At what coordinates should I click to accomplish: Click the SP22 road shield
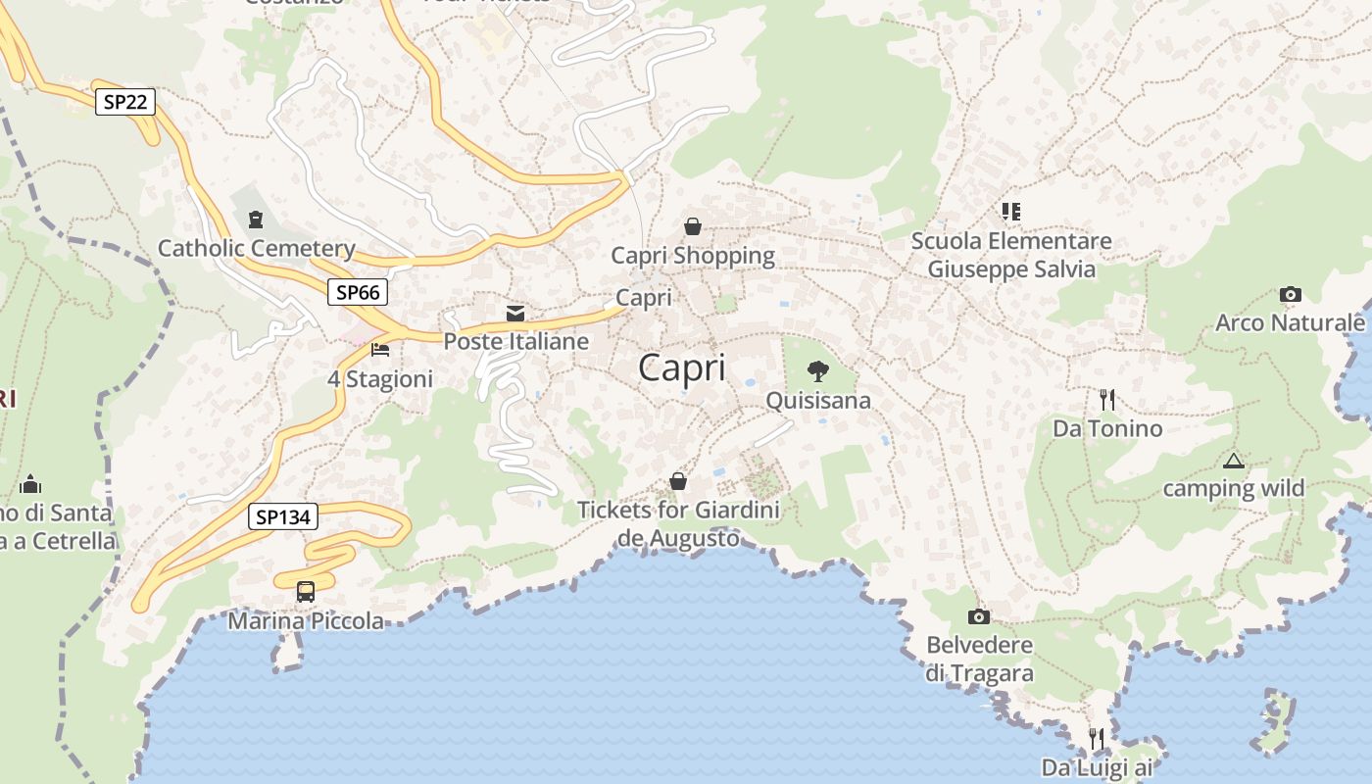pos(125,101)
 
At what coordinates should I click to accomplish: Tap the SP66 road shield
pos(357,291)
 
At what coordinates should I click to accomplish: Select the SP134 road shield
pos(282,516)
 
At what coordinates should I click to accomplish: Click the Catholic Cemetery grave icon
pos(256,220)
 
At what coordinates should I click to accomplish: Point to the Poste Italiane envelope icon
pos(515,313)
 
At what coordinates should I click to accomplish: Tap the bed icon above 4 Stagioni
pos(380,350)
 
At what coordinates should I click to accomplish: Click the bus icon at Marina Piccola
pos(306,592)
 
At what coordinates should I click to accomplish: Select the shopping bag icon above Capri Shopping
pos(693,226)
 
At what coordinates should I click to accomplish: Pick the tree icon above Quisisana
pos(817,371)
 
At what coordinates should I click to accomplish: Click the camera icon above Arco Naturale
pos(1290,294)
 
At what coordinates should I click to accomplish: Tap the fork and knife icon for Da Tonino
pos(1107,399)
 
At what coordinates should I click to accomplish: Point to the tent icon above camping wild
pos(1233,460)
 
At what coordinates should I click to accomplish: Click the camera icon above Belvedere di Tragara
pos(978,616)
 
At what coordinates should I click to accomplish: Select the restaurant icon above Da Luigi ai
pos(1097,738)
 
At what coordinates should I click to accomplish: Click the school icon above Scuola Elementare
pos(1010,211)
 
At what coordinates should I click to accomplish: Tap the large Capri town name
pos(682,368)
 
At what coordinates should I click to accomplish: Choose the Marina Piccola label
pos(306,620)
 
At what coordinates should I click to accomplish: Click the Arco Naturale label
pos(1290,322)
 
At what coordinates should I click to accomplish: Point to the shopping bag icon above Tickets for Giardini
pos(677,481)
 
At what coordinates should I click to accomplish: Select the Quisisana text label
pos(817,400)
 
